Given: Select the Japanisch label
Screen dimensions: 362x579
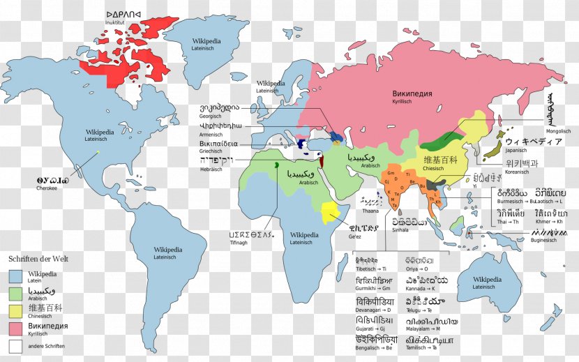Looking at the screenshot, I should pyautogui.click(x=516, y=150).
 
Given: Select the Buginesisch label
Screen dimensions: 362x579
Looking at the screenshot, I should pyautogui.click(x=546, y=240).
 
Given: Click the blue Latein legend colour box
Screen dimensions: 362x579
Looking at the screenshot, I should pyautogui.click(x=16, y=277).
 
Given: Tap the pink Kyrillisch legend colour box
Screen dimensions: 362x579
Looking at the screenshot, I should pyautogui.click(x=16, y=328).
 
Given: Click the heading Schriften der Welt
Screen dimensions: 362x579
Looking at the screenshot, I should pyautogui.click(x=38, y=259).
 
